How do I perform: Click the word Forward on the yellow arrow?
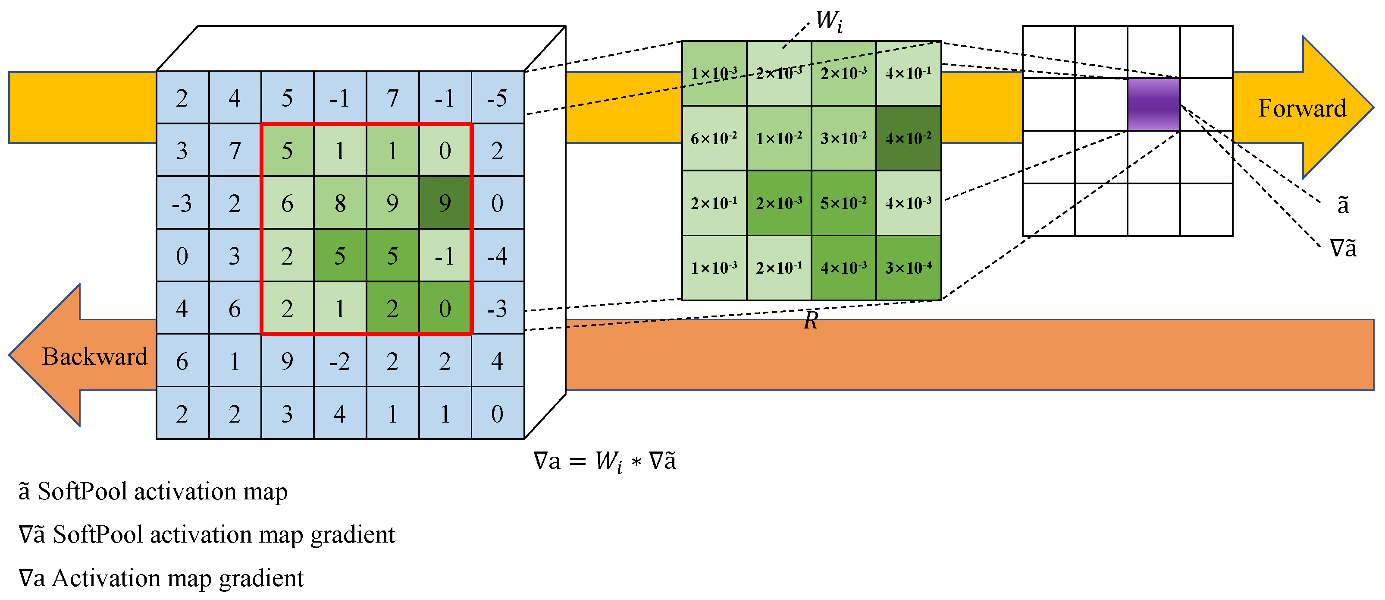click(1302, 108)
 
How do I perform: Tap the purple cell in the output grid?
click(1153, 104)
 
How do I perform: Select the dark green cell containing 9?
click(445, 203)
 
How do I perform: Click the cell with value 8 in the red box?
click(340, 203)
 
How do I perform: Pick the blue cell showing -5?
click(497, 98)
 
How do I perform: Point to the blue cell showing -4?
click(497, 256)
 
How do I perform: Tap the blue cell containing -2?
click(340, 361)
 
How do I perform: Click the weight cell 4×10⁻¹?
click(908, 73)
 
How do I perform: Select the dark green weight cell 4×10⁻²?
click(908, 138)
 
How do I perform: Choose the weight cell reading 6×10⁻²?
click(714, 138)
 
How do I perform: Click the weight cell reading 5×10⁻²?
click(843, 203)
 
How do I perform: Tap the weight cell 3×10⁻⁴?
click(908, 268)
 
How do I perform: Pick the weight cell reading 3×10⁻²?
click(843, 138)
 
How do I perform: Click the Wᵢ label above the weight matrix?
click(828, 22)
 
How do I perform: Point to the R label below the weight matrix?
click(811, 321)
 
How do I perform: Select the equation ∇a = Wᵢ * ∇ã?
click(605, 461)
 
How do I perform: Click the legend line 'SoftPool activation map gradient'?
click(207, 535)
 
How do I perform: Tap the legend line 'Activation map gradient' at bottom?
click(161, 578)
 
